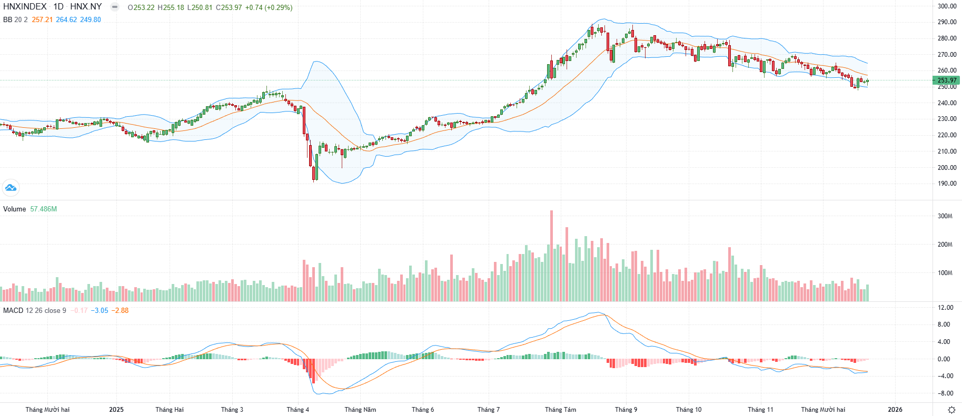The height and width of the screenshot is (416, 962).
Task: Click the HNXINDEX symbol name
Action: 25,7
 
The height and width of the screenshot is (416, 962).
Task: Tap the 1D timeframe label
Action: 58,7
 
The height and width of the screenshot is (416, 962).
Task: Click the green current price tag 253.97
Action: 946,80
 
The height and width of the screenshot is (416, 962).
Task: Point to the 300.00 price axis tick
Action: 947,6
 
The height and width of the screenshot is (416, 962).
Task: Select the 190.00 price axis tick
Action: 947,184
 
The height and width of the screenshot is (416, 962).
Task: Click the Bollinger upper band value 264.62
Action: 66,19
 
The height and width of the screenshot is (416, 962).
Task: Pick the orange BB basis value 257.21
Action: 42,19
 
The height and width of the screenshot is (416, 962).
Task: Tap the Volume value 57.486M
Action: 44,209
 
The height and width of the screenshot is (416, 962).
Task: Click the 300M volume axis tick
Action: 945,216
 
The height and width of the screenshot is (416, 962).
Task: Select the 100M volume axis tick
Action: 945,273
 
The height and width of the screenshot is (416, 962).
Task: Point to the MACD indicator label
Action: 13,310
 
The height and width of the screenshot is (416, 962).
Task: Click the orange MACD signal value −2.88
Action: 120,310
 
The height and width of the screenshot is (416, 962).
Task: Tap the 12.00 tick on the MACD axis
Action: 946,308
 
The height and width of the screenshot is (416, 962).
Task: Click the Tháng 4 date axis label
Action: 298,409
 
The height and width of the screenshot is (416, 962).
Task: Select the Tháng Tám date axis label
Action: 560,409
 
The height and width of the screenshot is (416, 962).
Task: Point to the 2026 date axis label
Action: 895,409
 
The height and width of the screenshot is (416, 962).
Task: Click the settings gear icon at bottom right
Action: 951,410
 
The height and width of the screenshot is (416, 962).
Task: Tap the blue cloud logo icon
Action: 11,187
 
